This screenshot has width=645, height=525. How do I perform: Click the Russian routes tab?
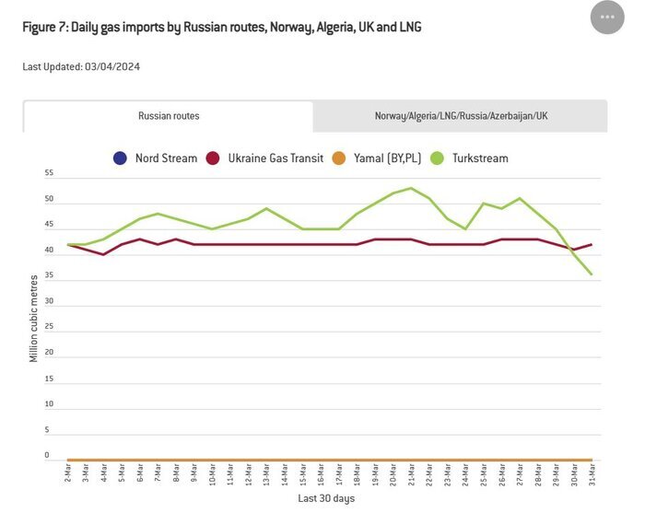tap(169, 116)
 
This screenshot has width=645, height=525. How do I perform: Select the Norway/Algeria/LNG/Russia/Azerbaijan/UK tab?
tap(461, 116)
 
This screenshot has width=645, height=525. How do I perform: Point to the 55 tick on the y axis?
tap(49, 173)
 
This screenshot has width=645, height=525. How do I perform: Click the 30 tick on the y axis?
tap(49, 301)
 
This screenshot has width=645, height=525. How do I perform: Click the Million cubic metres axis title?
tap(34, 317)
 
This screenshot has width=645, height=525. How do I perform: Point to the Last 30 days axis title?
tap(325, 498)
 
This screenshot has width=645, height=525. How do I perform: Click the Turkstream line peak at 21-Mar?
tap(411, 188)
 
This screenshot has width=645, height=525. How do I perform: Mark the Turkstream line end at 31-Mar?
tap(591, 274)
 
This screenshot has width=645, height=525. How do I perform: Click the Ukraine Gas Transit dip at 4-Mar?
tap(103, 254)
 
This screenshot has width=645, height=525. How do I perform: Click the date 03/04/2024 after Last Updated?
tap(112, 66)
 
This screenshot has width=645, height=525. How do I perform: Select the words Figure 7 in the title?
tap(42, 27)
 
